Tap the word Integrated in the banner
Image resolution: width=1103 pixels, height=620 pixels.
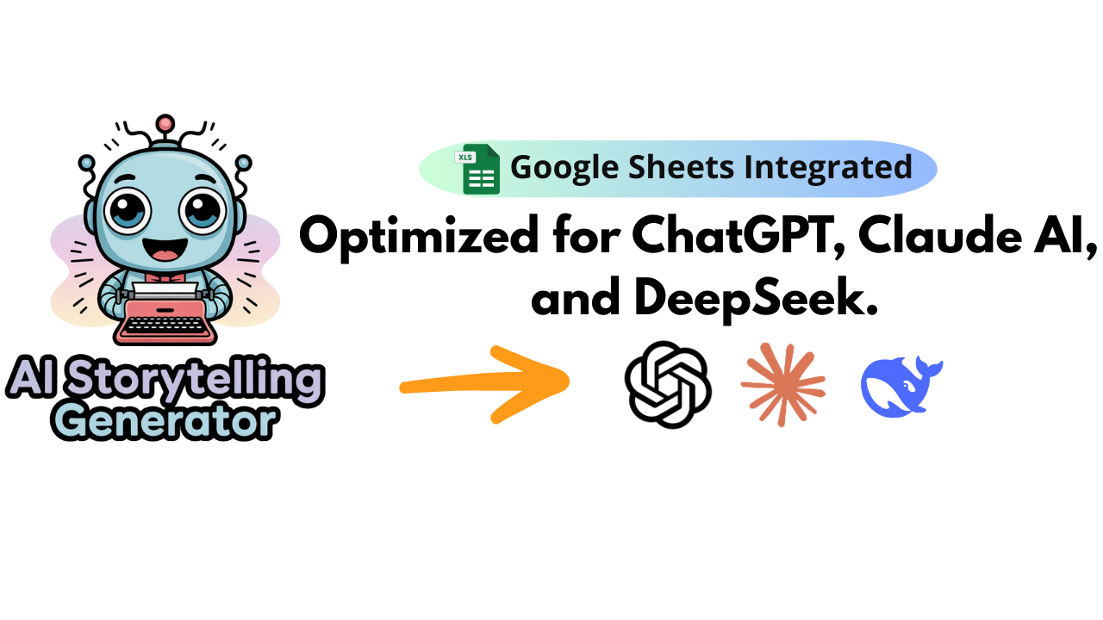(828, 167)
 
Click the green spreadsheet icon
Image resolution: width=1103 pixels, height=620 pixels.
(481, 170)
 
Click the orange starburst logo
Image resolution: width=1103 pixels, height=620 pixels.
(783, 384)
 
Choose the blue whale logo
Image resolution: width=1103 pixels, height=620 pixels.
(899, 387)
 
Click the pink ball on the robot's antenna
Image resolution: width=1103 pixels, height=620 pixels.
(165, 123)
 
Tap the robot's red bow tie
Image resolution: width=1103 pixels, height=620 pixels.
(165, 277)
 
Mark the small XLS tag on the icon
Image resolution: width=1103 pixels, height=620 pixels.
(465, 158)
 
